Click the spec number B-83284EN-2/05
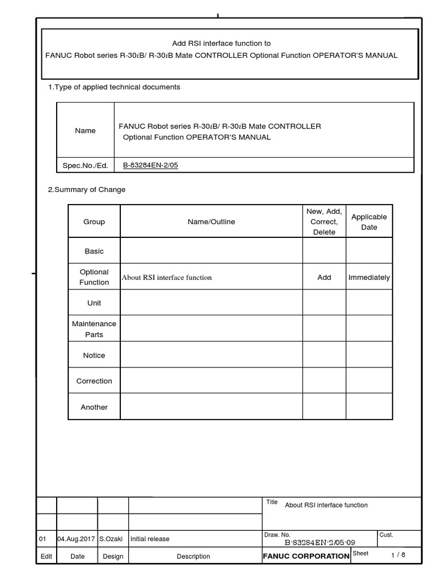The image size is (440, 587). coord(155,166)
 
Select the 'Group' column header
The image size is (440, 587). coord(94,222)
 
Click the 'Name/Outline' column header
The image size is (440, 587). coord(211,222)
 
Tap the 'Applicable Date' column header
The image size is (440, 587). coord(369,222)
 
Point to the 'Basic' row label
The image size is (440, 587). coord(94,251)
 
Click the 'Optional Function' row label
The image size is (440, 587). coord(94,277)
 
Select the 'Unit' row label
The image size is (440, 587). coord(94,303)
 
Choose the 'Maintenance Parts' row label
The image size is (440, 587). coord(94,329)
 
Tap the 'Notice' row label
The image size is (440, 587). coord(94,355)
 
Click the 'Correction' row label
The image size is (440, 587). coord(94,381)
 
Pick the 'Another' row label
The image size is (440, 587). coord(94,407)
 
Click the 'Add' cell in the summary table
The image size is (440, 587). coord(324,277)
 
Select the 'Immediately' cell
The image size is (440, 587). coord(369,277)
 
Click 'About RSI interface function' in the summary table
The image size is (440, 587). coord(167,277)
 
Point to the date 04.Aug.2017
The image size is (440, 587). coord(77,539)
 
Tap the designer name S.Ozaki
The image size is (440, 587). coord(111,539)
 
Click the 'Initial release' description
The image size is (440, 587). coord(150,539)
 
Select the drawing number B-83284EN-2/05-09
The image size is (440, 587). coord(320,542)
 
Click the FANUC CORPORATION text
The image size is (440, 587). coord(306,556)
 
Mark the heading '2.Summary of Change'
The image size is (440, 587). coord(87,190)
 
